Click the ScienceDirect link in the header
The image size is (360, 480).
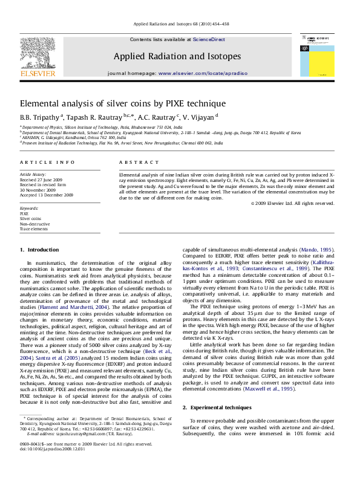209,39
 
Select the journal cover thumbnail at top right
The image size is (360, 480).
318,54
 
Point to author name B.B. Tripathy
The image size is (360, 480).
39,117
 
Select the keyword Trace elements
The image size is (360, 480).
33,229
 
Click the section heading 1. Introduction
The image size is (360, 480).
39,250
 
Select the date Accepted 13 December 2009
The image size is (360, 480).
47,195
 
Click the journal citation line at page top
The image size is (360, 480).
180,25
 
